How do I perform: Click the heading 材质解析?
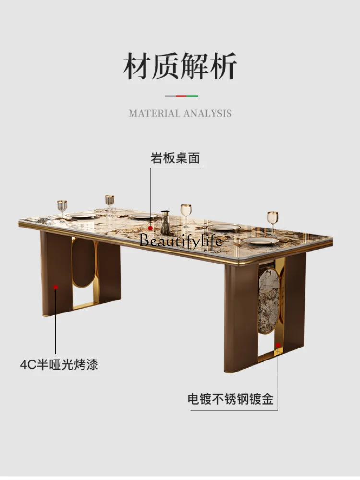(180, 65)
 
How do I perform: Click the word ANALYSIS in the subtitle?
(207, 114)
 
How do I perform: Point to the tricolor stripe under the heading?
(181, 96)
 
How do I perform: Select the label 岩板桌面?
(175, 158)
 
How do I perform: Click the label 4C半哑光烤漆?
(59, 365)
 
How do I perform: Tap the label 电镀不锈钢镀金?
(230, 399)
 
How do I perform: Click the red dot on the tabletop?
(150, 228)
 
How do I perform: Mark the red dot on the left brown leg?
(55, 287)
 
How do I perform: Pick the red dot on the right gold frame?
(278, 345)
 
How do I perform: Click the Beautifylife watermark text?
(181, 240)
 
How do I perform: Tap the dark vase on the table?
(165, 223)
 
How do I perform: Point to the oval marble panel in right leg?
(269, 300)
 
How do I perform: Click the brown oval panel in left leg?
(83, 263)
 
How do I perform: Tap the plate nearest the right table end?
(261, 240)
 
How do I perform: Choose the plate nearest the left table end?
(81, 216)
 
